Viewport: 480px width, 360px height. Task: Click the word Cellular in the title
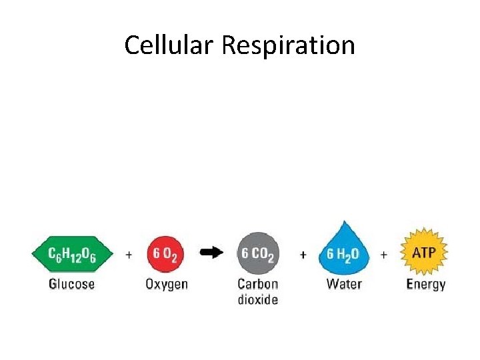[x=169, y=45]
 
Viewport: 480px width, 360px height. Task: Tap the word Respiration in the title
[x=288, y=45]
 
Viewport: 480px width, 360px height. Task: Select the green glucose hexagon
[x=73, y=255]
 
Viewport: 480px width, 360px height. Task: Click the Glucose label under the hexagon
[x=72, y=284]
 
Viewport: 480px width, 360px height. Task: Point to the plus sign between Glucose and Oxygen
[x=129, y=255]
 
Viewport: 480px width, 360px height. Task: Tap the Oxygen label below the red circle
[x=167, y=285]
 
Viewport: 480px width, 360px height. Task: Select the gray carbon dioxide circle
[x=258, y=254]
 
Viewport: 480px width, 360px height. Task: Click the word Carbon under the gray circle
[x=258, y=284]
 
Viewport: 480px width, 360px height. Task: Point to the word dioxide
[x=258, y=299]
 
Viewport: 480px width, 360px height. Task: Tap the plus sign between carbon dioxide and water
[x=303, y=255]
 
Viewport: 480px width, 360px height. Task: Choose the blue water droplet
[x=343, y=251]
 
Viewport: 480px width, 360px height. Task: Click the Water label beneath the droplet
[x=344, y=284]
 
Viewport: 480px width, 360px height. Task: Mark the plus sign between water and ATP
[x=383, y=255]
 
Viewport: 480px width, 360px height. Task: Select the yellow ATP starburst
[x=424, y=253]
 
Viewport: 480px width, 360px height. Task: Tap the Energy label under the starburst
[x=426, y=285]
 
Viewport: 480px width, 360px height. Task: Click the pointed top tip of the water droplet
[x=344, y=222]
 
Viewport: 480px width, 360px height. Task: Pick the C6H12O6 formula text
[x=73, y=255]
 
